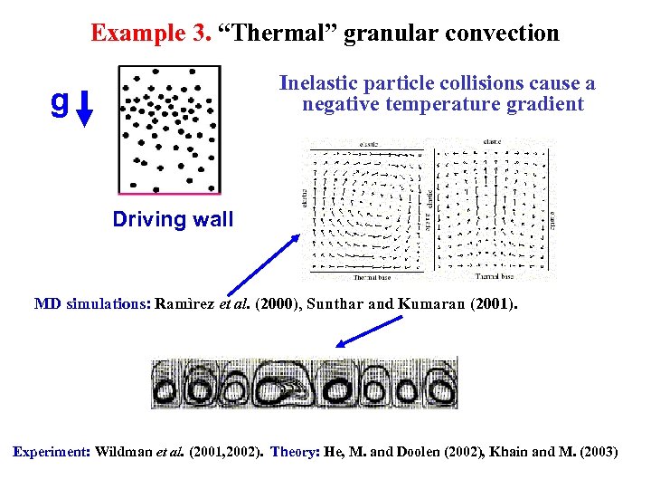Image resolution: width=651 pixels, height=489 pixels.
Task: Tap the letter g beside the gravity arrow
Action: point(60,101)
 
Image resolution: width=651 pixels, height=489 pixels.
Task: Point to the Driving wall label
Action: point(173,219)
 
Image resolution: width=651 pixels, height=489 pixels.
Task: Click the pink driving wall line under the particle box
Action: point(169,194)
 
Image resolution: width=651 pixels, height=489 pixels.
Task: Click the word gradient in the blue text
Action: point(545,104)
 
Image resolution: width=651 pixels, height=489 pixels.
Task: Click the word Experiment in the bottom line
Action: point(51,451)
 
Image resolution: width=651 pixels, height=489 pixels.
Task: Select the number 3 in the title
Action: point(203,34)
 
